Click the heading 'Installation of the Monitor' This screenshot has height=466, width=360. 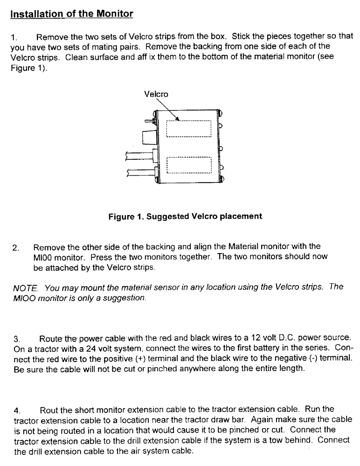(72, 14)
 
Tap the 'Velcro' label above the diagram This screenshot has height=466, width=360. (156, 94)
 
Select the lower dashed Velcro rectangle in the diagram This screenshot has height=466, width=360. (189, 165)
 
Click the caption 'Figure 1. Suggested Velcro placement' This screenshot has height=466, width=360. (185, 216)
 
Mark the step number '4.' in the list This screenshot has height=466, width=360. (17, 411)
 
